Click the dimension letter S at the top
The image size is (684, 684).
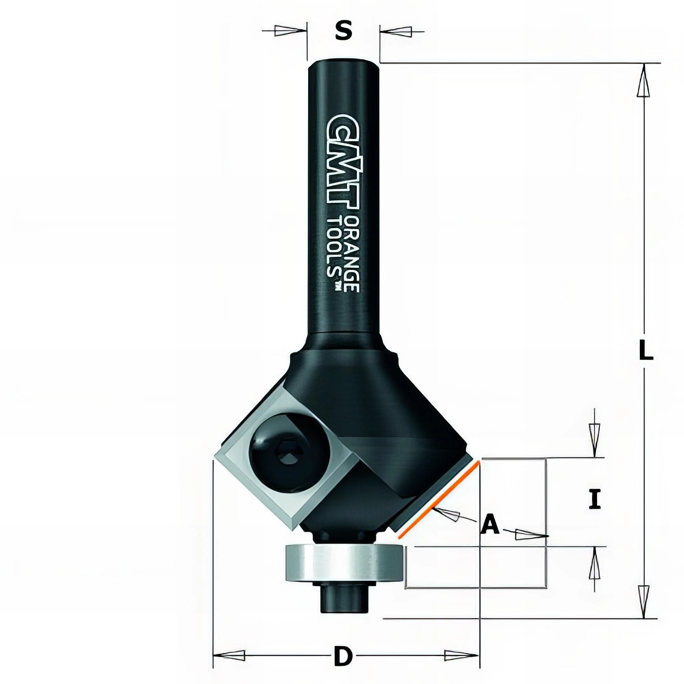[x=343, y=31]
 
